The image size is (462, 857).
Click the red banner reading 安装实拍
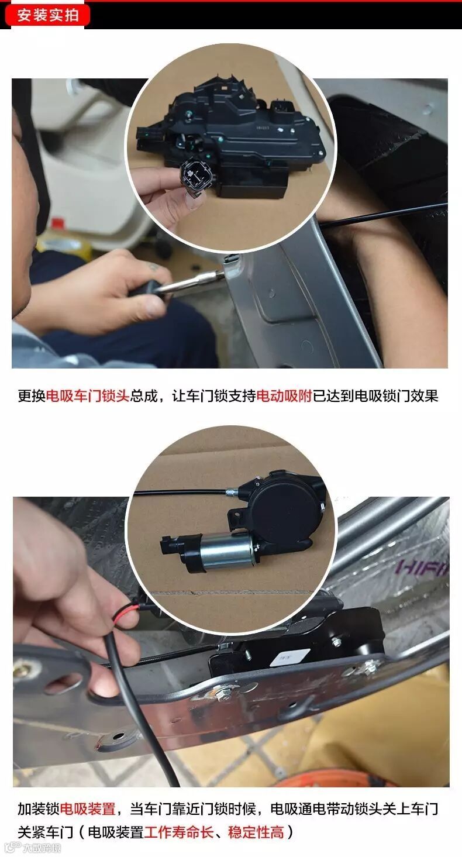click(x=47, y=15)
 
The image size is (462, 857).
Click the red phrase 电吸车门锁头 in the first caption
click(x=88, y=395)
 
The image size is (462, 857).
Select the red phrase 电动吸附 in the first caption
click(x=284, y=395)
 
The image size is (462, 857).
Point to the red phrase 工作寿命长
click(x=179, y=832)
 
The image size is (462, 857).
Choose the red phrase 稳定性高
click(x=256, y=832)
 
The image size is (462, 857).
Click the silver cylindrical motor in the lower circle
click(x=226, y=552)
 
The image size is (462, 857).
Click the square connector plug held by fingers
click(x=196, y=175)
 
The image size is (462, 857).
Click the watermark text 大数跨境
click(x=41, y=847)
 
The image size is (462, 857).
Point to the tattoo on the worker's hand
click(x=154, y=267)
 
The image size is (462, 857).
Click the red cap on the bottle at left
click(x=57, y=223)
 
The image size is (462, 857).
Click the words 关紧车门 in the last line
click(x=45, y=832)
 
